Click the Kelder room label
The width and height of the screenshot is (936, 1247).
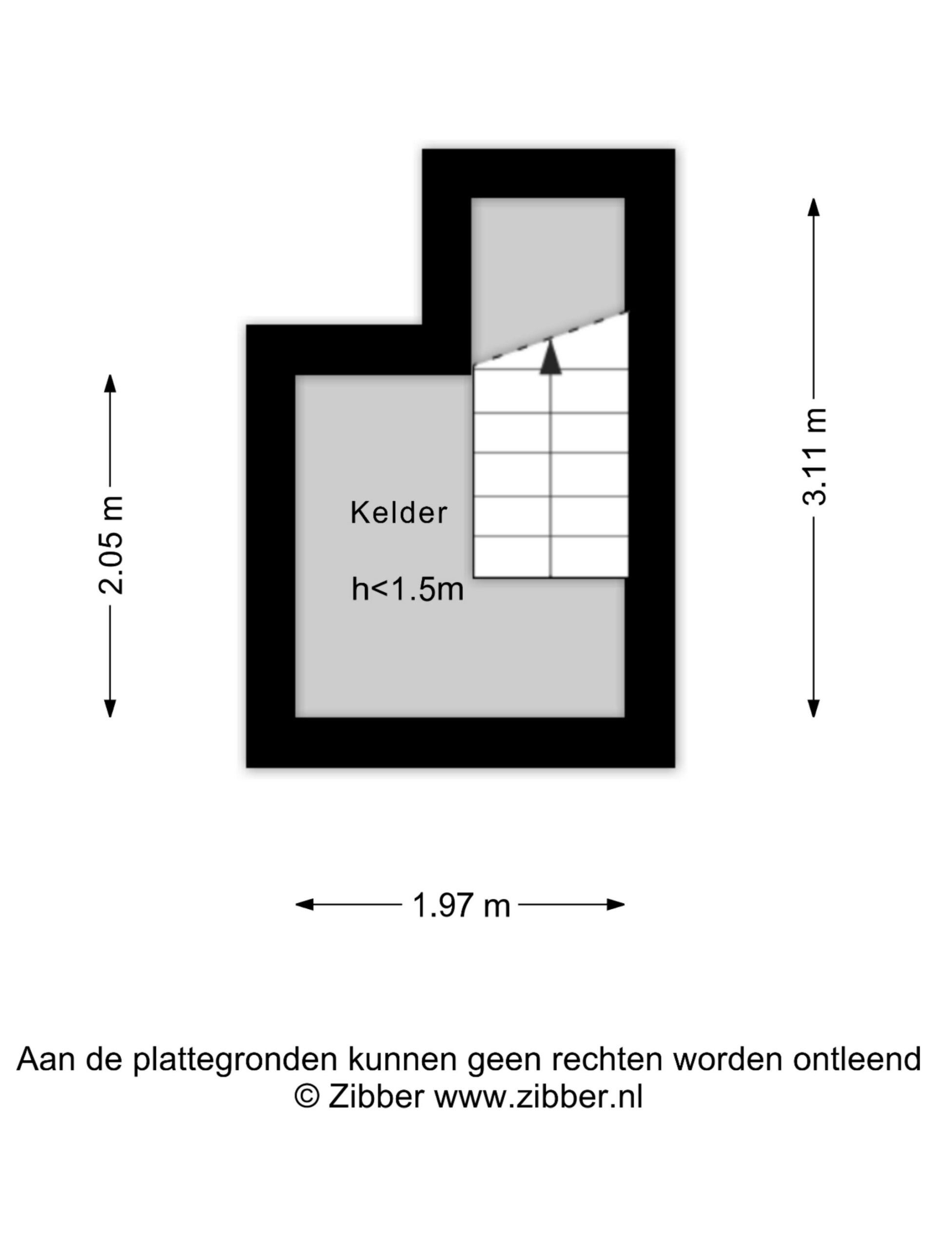[398, 512]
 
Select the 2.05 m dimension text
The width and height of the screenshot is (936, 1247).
[110, 545]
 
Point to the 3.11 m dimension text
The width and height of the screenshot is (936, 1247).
[814, 456]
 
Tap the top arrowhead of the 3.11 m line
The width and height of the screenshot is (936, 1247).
[814, 208]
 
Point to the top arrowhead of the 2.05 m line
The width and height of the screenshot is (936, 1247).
[110, 383]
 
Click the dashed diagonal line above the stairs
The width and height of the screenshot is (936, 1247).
[550, 338]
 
